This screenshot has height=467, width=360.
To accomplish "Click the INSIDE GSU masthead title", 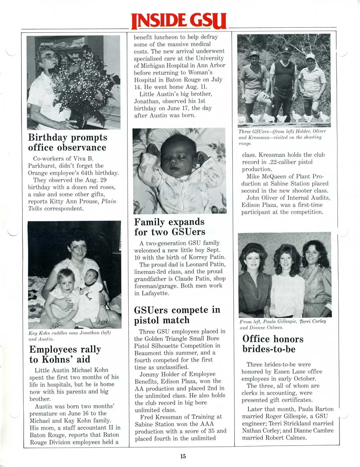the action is (179, 21).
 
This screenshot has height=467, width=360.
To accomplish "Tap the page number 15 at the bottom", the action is (183, 456).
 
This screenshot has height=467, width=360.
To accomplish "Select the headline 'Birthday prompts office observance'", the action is (67, 142).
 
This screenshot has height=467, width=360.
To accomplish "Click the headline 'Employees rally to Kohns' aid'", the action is (65, 354).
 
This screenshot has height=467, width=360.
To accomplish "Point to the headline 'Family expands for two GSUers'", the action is (170, 227).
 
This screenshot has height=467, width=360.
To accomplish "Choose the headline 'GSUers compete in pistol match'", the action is (177, 315).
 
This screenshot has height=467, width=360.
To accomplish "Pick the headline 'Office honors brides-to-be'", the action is (273, 344).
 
